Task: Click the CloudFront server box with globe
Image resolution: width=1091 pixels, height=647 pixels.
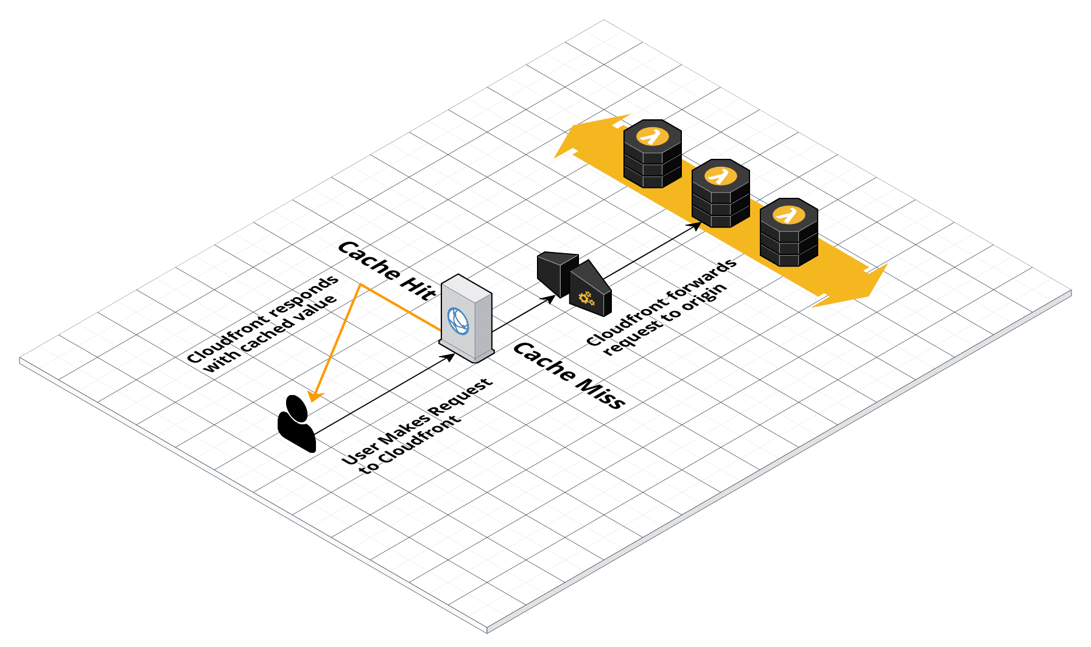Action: click(x=466, y=319)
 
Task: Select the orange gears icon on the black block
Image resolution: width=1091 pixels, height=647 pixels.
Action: click(x=586, y=298)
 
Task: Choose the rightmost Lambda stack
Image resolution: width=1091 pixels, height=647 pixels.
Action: click(x=788, y=233)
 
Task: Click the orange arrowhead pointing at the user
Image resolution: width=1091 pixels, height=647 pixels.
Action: click(x=314, y=396)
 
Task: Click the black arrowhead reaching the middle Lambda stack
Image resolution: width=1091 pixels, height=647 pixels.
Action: click(x=696, y=226)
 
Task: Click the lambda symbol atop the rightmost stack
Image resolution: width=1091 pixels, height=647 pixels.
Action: click(x=788, y=215)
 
